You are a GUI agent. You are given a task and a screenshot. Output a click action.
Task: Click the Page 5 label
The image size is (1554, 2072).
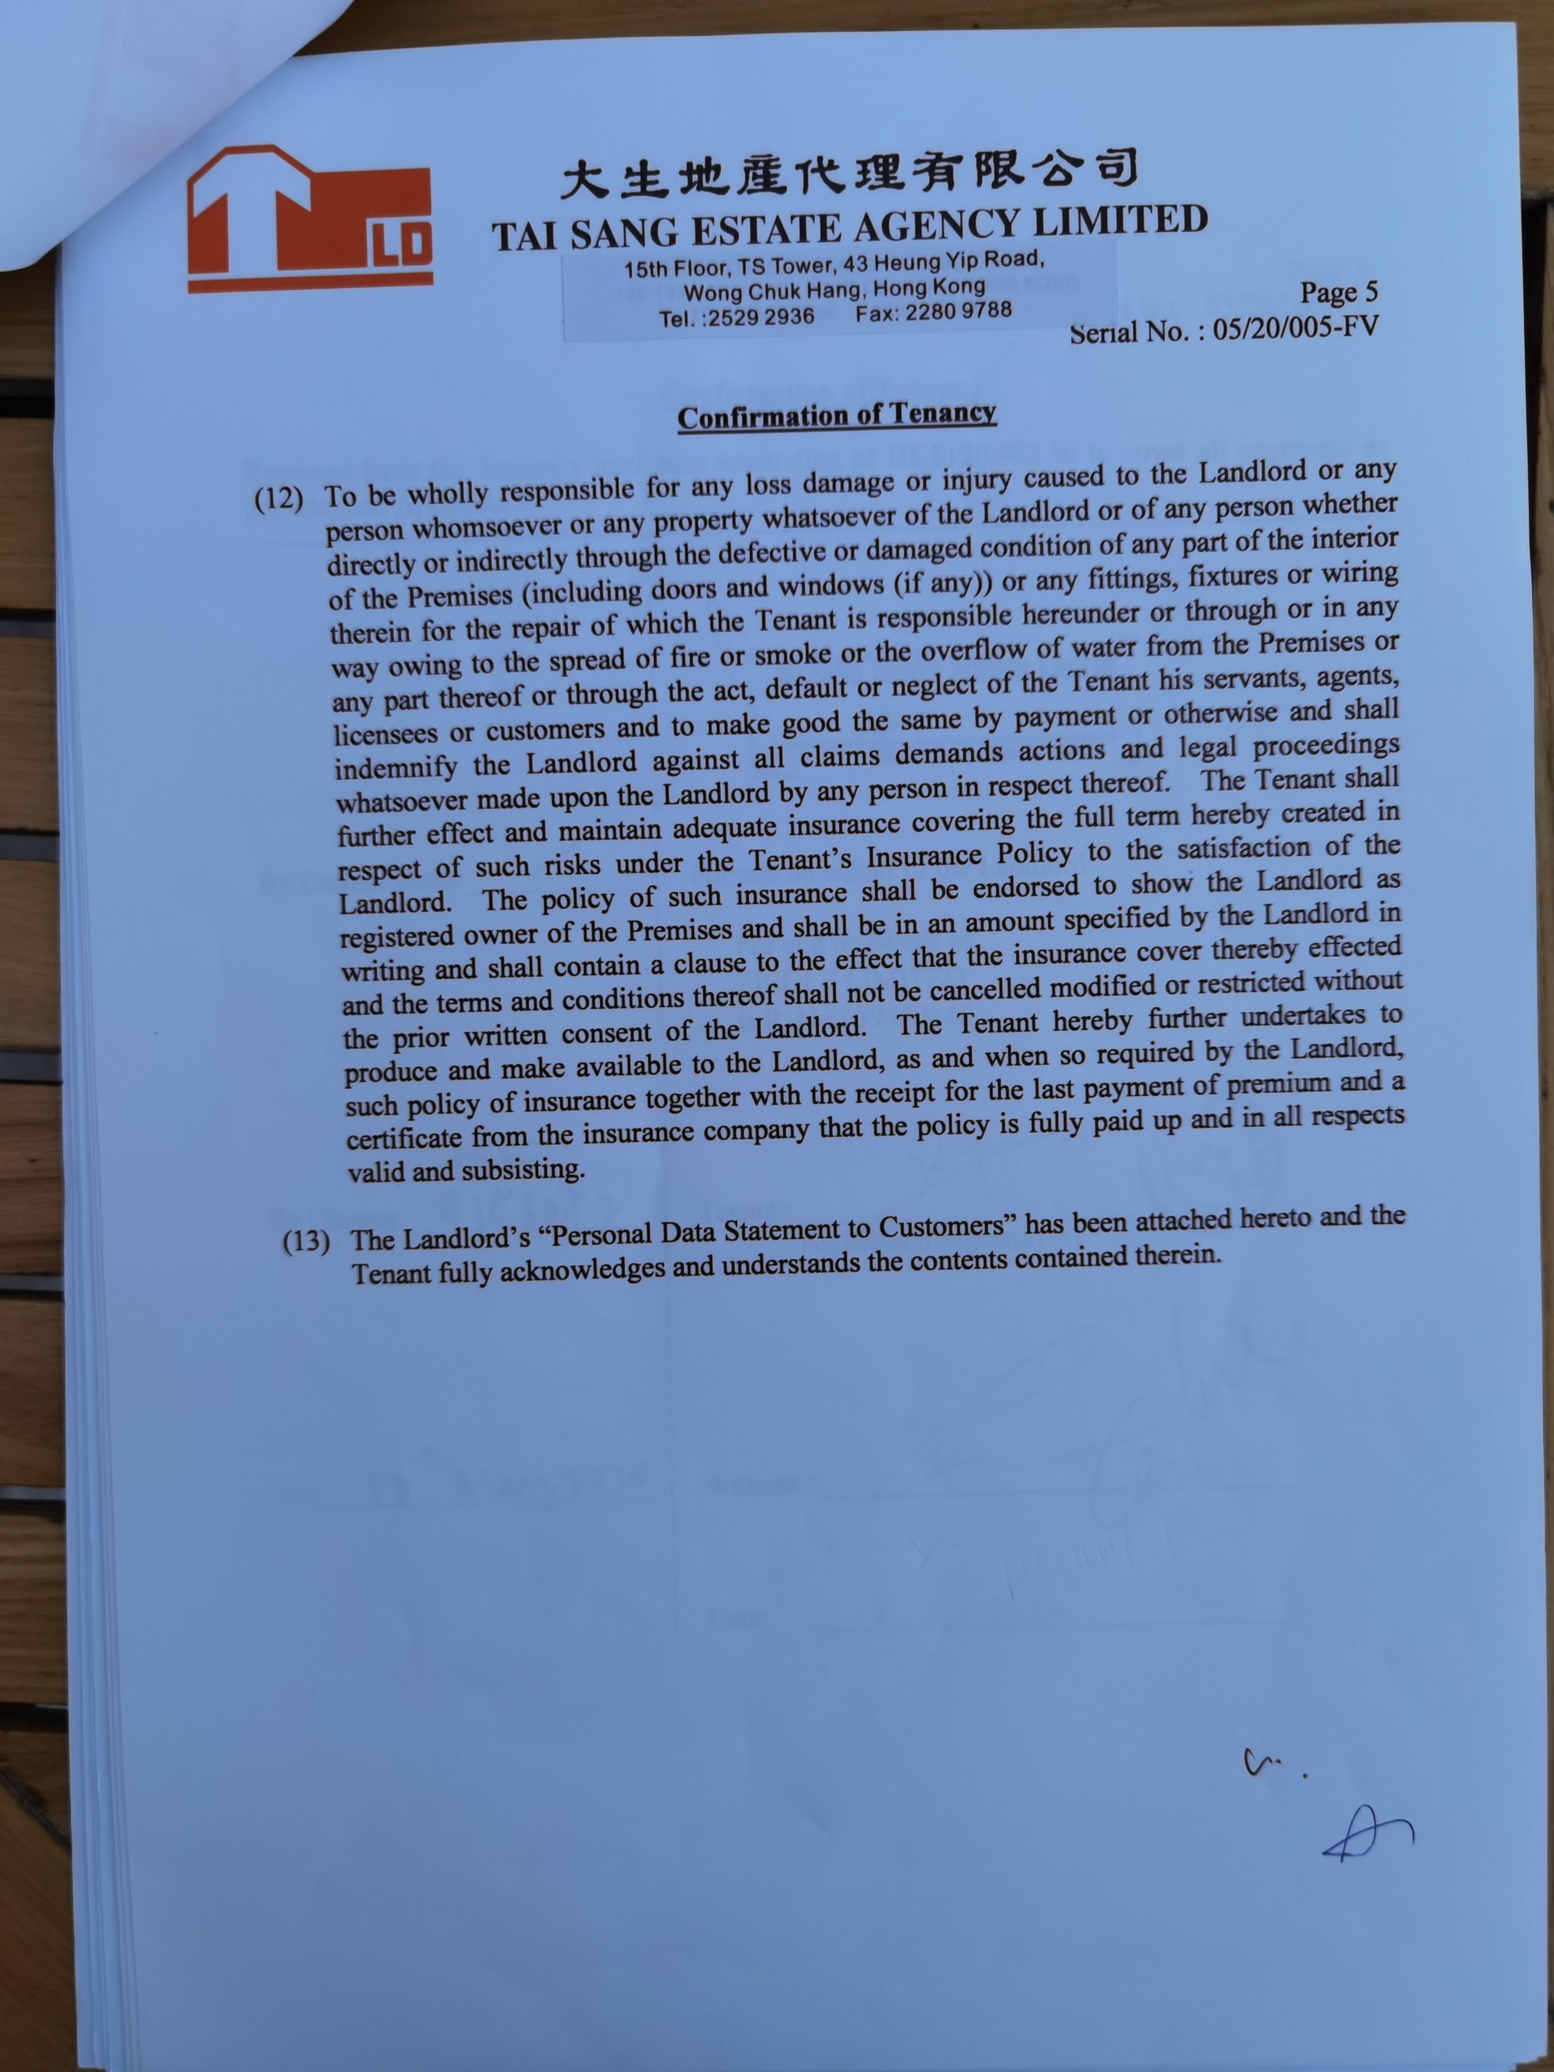coord(1339,292)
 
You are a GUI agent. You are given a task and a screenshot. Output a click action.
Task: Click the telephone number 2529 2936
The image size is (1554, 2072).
coord(761,317)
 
